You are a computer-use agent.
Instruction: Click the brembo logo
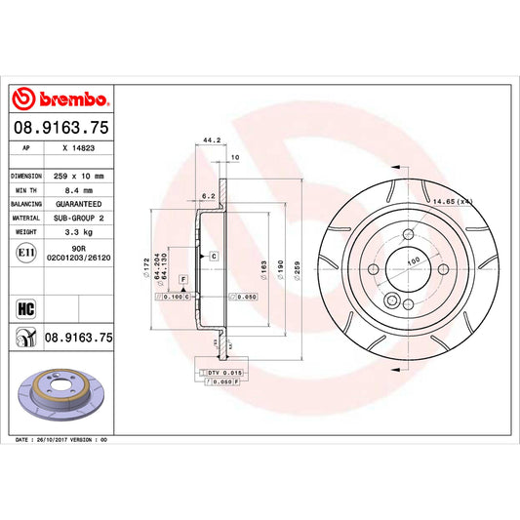tap(61, 99)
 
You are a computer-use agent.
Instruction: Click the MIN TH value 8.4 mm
tap(78, 191)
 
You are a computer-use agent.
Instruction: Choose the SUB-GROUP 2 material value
tap(79, 219)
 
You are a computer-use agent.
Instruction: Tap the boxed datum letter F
tap(181, 281)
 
